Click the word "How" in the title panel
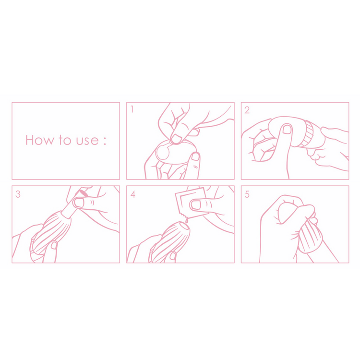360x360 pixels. point(40,140)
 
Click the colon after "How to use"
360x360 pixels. point(105,140)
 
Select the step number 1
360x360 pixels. point(132,109)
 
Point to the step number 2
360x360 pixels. point(247,110)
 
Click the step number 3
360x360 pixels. point(18,194)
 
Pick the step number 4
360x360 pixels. point(132,194)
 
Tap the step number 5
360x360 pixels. point(247,194)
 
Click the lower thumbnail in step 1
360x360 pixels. point(195,156)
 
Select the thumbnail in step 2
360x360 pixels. point(287,129)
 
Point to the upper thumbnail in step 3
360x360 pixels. point(79,203)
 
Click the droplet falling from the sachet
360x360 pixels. point(186,220)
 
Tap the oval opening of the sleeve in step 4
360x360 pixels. point(185,227)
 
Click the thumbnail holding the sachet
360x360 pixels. point(196,205)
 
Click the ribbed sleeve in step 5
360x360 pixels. point(311,238)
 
